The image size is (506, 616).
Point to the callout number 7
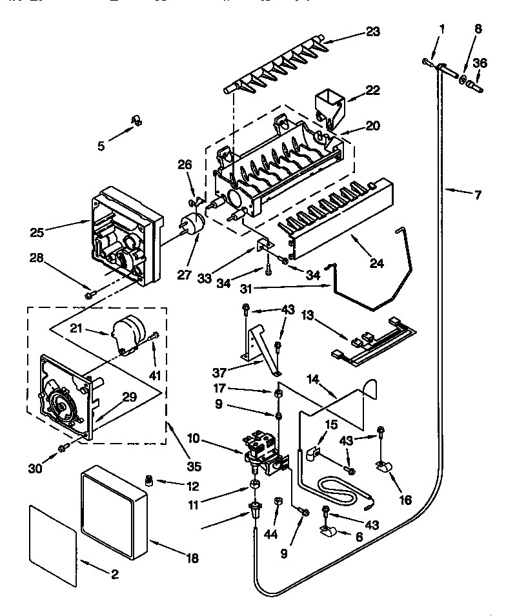[x=478, y=194]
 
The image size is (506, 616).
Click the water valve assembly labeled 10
[x=265, y=448]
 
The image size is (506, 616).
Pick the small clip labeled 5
[x=136, y=121]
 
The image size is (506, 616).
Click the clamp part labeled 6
[x=329, y=531]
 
